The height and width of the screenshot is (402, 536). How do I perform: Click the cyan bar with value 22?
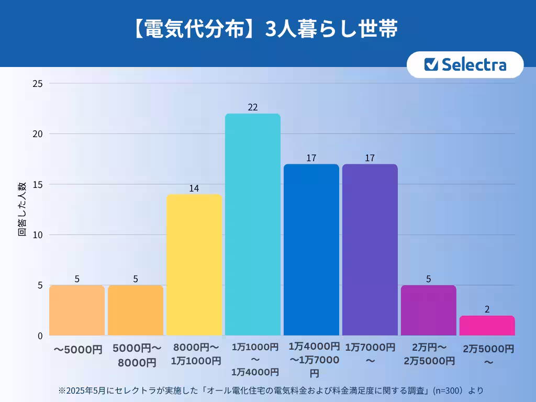pos(253,225)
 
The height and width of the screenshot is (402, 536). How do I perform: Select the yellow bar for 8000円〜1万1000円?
pos(194,265)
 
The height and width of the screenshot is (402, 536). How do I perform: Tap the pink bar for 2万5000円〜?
pos(487,326)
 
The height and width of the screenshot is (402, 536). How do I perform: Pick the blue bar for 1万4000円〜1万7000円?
pos(311,250)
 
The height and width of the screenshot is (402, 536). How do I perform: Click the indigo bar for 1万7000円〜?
pos(370,250)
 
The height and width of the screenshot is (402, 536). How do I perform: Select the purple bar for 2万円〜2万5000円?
pos(428,310)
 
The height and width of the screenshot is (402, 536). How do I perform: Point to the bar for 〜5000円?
pos(77,310)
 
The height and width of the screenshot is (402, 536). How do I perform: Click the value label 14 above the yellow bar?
pos(194,188)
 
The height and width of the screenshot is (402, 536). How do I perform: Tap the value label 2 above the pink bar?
pos(487,309)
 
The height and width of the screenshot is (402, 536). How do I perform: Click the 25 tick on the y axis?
pos(38,83)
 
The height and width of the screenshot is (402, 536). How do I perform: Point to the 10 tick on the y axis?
pos(38,234)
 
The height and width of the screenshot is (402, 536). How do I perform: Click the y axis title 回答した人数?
pos(23,209)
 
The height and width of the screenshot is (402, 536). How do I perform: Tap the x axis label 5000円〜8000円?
pos(136,355)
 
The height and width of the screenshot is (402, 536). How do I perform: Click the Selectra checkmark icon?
pos(431,64)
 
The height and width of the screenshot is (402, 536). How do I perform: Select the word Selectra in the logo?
pos(474,64)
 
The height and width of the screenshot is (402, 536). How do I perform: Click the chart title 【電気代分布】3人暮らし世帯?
pos(265,30)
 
